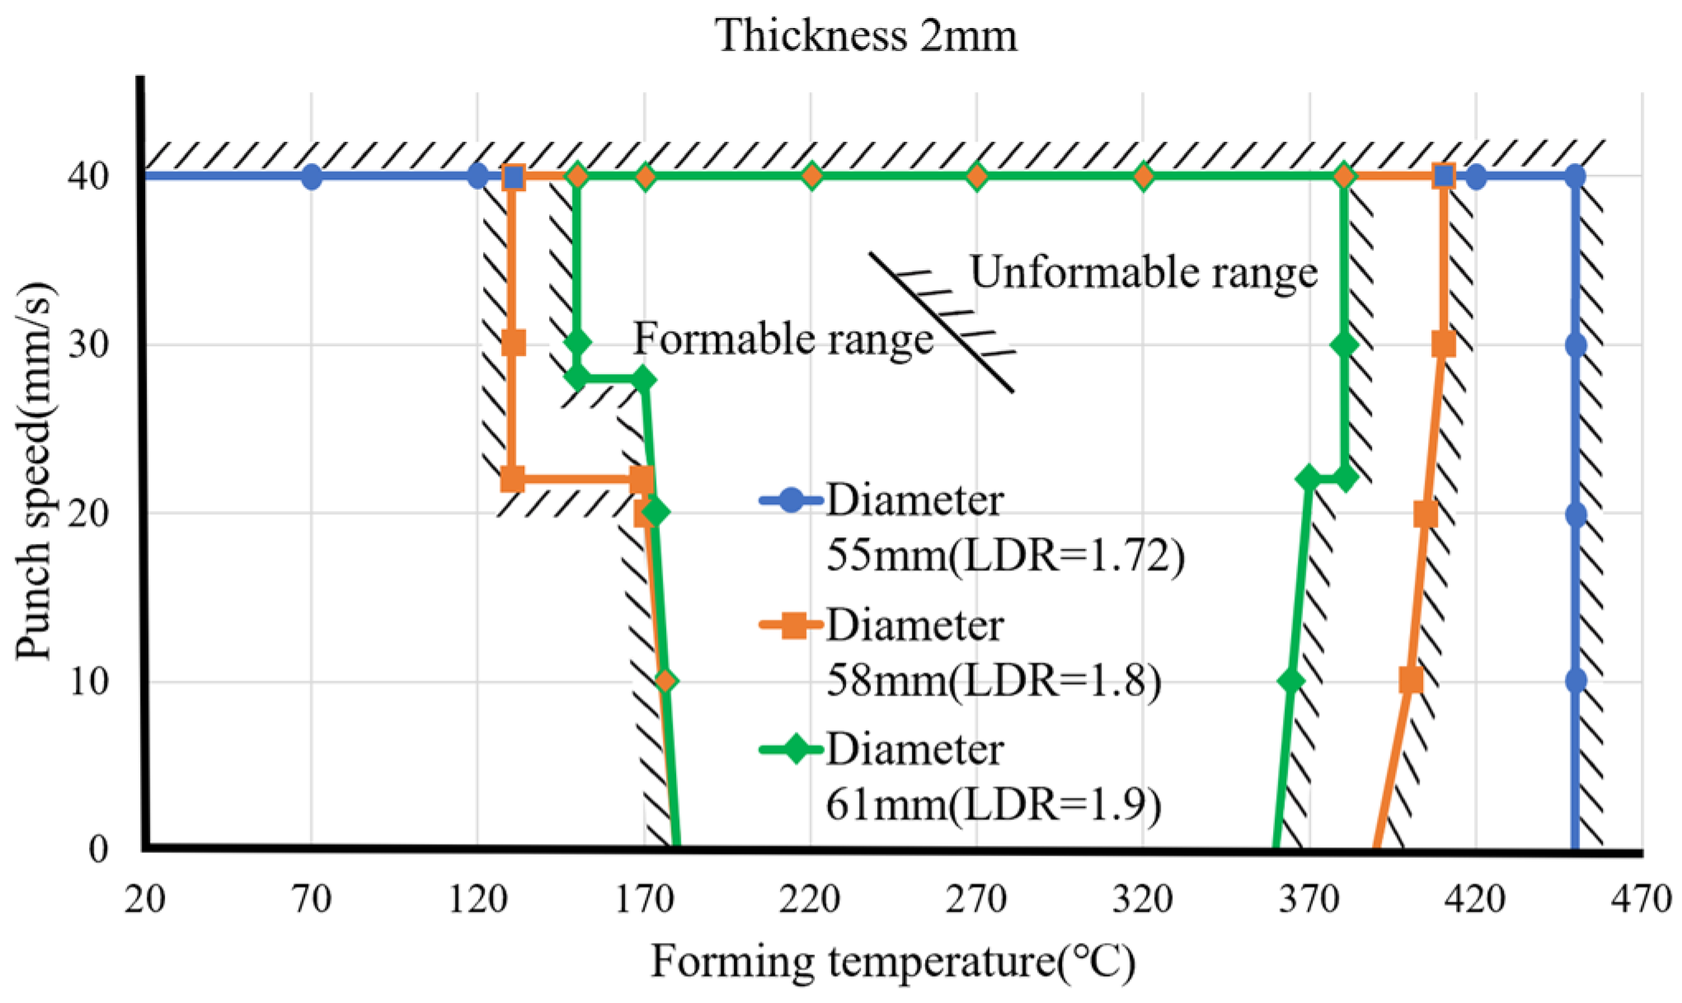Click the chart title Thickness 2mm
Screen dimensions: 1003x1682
tap(866, 35)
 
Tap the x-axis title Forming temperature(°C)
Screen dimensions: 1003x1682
tap(893, 962)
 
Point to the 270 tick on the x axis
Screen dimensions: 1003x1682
tap(977, 899)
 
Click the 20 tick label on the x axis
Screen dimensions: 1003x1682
tap(145, 899)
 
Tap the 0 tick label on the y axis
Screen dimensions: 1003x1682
tap(98, 850)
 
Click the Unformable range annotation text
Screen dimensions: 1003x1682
tap(1144, 272)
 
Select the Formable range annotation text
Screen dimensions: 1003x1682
tap(782, 338)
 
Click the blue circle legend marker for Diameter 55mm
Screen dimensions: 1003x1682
tap(791, 501)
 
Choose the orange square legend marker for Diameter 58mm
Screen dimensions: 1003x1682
tap(791, 626)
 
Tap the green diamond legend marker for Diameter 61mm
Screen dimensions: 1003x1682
tap(791, 750)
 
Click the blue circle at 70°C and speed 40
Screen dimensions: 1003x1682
tap(311, 176)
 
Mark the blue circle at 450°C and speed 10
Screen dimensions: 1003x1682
tap(1576, 681)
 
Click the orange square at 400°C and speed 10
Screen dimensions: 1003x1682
tap(1411, 681)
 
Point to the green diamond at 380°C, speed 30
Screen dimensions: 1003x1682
tap(1344, 344)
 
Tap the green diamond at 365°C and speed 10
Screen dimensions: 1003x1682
tap(1291, 681)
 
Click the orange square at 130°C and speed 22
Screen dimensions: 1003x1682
tap(512, 479)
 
